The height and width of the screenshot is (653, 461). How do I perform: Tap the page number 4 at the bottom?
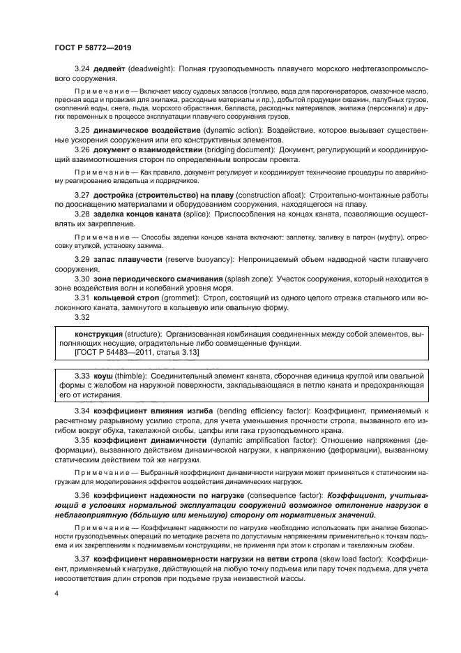click(x=56, y=592)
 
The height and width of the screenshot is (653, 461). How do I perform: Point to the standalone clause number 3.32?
click(x=84, y=317)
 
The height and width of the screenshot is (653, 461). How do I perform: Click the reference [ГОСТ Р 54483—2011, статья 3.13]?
click(x=137, y=353)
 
